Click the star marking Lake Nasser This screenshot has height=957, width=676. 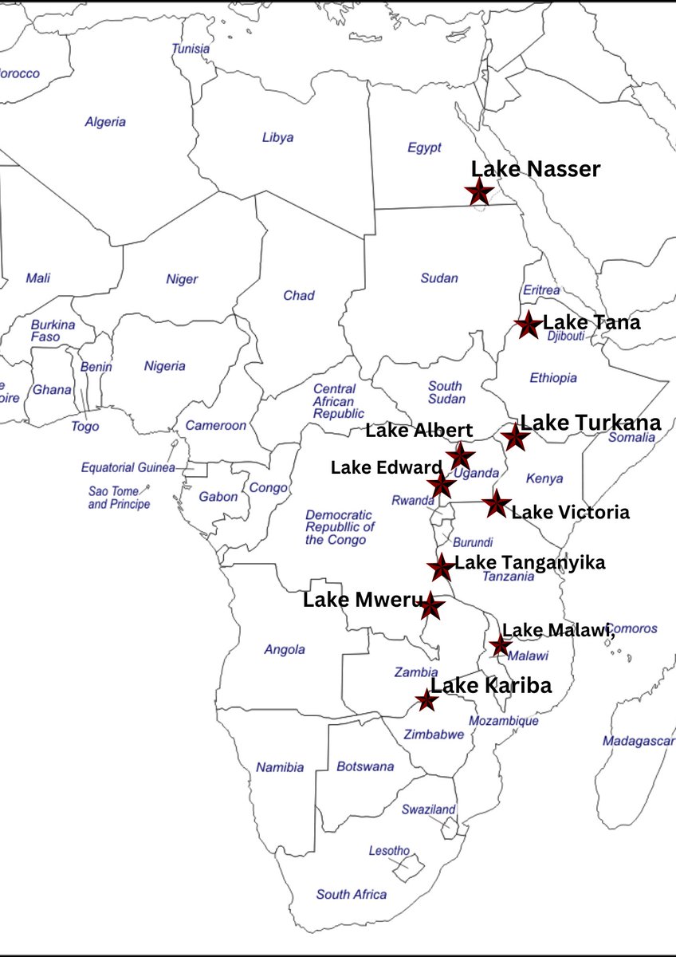pos(478,191)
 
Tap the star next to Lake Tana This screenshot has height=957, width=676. pos(528,325)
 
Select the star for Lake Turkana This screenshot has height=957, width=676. pos(515,437)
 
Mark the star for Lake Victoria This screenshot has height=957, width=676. pos(497,503)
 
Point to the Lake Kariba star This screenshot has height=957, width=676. pos(427,701)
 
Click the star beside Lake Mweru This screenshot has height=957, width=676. pos(431,606)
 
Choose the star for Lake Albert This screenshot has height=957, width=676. pos(460,456)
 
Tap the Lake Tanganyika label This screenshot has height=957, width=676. pos(529,562)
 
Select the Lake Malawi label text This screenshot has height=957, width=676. pos(558,630)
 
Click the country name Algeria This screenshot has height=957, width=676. pos(105,122)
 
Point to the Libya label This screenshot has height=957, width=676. pos(277,137)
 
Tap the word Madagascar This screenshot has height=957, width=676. pos(639,742)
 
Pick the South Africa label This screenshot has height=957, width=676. pos(352,894)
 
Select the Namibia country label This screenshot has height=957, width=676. pos(280,767)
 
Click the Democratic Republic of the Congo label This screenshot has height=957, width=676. pos(340,527)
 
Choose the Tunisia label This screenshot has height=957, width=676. pos(191,49)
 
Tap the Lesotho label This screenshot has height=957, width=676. pos(389,851)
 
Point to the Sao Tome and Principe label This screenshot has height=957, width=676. pos(119,498)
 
